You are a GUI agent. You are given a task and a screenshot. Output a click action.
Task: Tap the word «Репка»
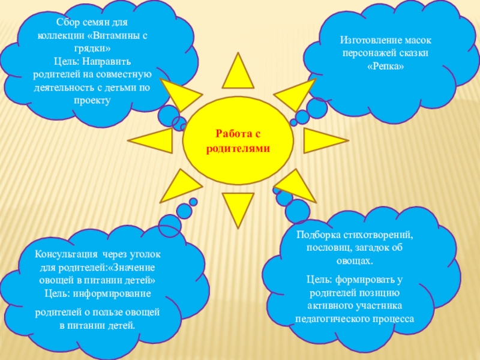point(385,66)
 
